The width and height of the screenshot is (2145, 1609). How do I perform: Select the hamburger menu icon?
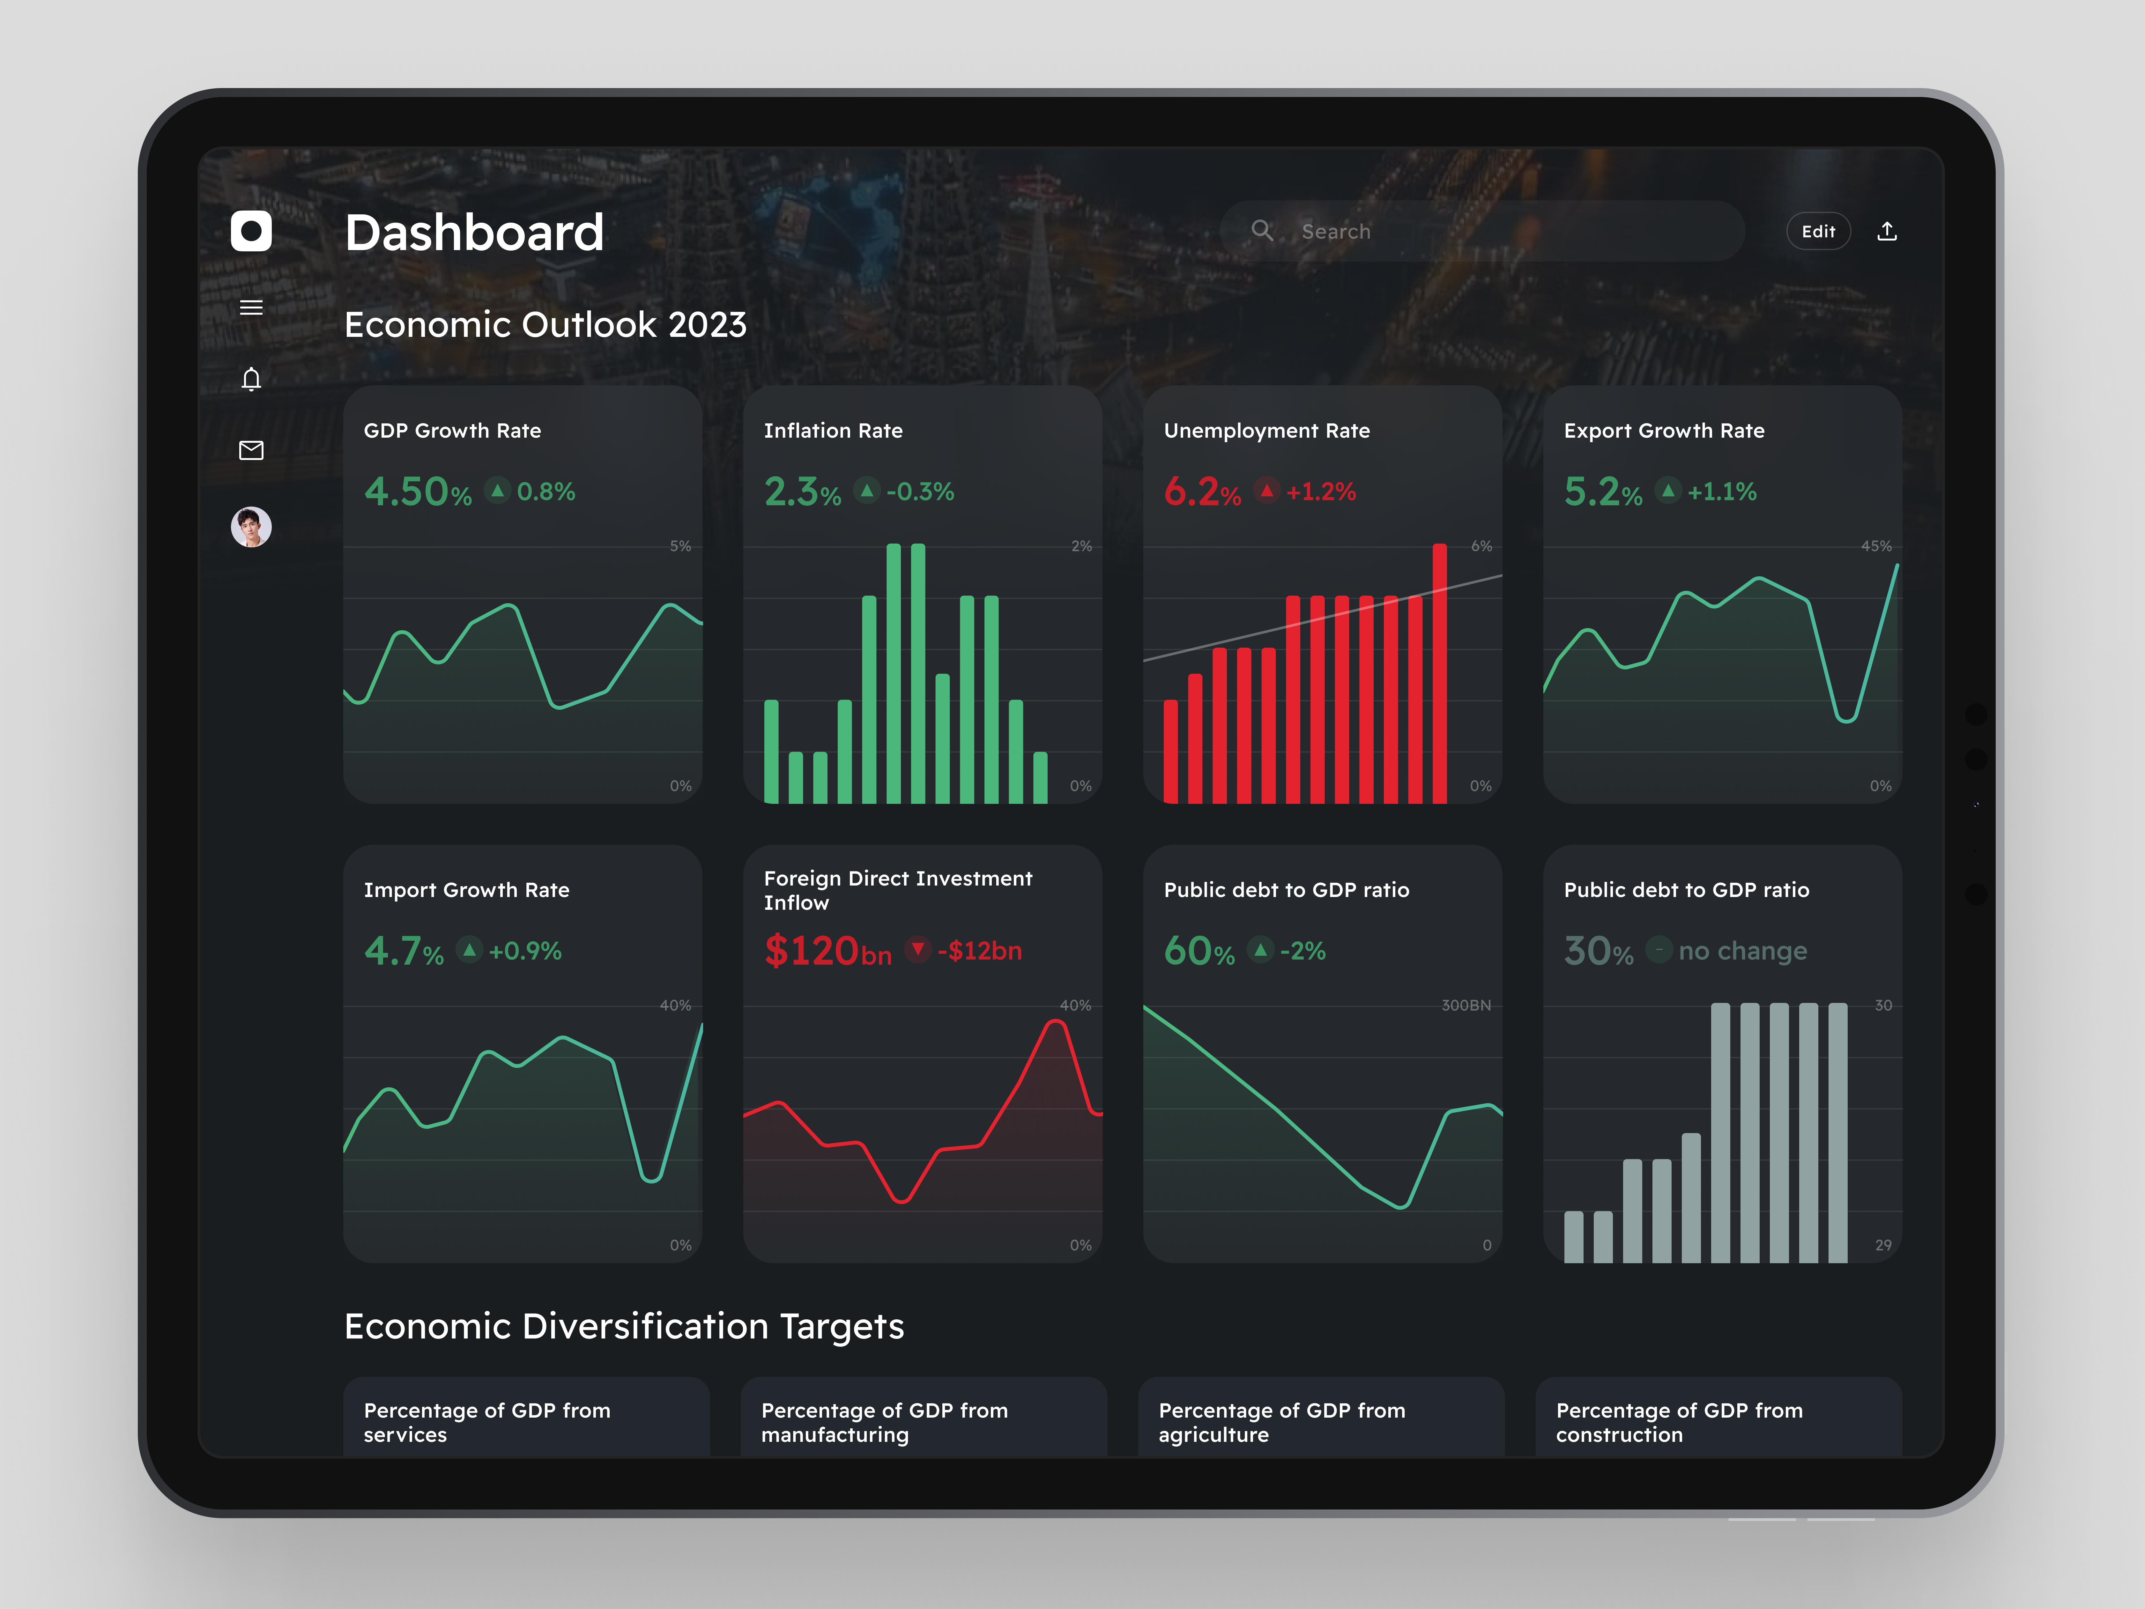(251, 308)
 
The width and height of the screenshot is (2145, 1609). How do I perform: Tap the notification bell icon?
(251, 378)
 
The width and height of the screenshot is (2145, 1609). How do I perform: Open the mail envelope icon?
(251, 450)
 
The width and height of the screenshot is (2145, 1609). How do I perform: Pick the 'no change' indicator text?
(1742, 951)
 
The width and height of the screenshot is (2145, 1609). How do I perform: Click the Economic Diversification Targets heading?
(624, 1326)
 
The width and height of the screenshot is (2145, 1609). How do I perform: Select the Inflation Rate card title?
(833, 431)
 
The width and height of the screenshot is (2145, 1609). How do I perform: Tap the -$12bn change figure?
(979, 951)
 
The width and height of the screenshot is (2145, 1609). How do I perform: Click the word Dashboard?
(474, 233)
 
